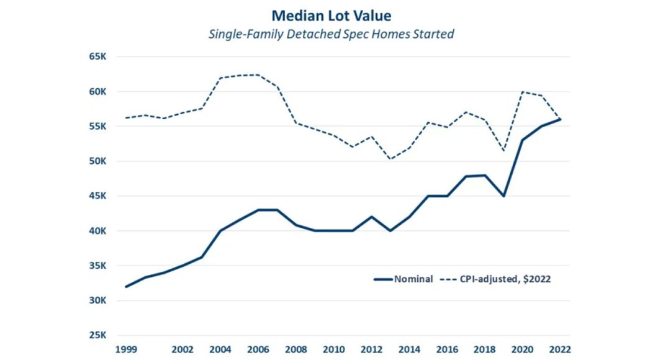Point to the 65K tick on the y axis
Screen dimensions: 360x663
(x=99, y=56)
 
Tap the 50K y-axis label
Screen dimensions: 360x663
(x=99, y=161)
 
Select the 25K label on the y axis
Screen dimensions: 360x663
(x=99, y=335)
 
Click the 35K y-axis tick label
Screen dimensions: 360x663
(x=99, y=266)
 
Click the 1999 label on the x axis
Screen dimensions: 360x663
(x=126, y=349)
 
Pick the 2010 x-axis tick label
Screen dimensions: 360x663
(x=334, y=349)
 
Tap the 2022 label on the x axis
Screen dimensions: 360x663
(x=561, y=349)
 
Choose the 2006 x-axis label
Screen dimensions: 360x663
(x=258, y=349)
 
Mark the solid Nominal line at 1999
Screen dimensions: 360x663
(x=126, y=287)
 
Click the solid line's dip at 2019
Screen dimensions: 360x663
(x=503, y=196)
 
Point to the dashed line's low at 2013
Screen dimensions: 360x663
(x=390, y=159)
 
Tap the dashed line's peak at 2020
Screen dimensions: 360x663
(x=522, y=92)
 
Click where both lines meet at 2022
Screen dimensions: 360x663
(x=561, y=119)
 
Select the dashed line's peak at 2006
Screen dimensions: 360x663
(x=258, y=75)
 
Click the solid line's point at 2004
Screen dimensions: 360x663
(x=220, y=231)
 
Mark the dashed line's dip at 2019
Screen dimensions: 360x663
(x=503, y=151)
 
